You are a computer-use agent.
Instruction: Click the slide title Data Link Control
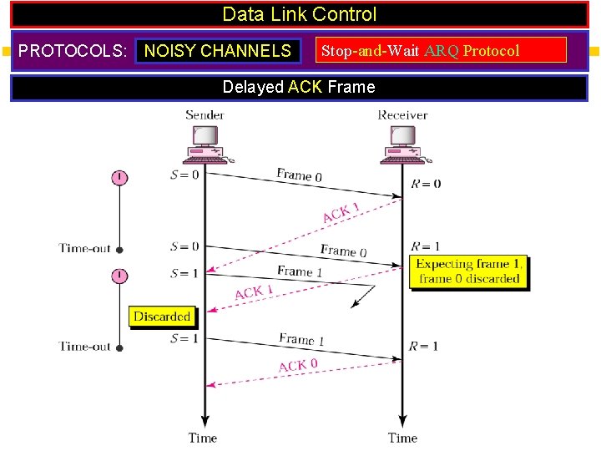point(300,15)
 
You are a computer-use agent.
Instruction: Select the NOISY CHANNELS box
point(218,51)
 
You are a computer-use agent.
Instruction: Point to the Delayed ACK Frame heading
point(300,87)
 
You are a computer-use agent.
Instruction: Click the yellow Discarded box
point(162,317)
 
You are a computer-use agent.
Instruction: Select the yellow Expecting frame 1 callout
point(470,271)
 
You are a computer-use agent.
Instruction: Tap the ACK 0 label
point(298,365)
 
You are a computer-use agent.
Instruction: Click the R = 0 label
point(426,184)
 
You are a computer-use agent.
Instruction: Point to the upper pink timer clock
point(120,177)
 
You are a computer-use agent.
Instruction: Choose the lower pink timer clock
point(120,276)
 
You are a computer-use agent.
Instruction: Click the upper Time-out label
point(85,248)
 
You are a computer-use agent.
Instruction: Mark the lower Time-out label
point(85,346)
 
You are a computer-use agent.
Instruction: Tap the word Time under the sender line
point(203,438)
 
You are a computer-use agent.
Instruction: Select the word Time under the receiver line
point(402,438)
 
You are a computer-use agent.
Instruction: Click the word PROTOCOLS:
point(73,51)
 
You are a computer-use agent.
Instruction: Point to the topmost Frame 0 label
point(299,175)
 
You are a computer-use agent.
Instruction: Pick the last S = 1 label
point(184,338)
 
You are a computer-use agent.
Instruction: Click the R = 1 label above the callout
point(425,247)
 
